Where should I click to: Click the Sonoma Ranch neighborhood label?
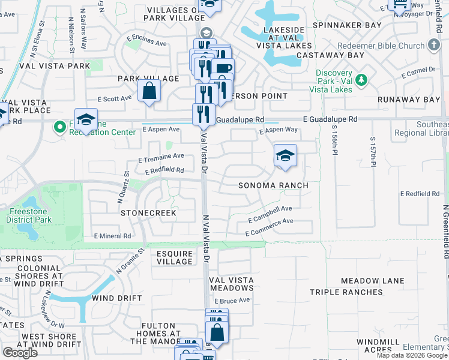pos(273,185)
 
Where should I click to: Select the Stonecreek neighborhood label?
pos(148,213)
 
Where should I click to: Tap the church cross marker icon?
pos(434,46)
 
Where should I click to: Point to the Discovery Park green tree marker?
pos(361,80)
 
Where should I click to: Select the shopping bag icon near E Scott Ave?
pos(149,92)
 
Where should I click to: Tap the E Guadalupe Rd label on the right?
pos(330,119)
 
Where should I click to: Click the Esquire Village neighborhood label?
pos(175,257)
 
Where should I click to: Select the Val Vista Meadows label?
pos(231,284)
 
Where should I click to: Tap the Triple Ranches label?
pos(346,292)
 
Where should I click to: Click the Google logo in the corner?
pos(20,353)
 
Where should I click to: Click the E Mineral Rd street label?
pos(112,236)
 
